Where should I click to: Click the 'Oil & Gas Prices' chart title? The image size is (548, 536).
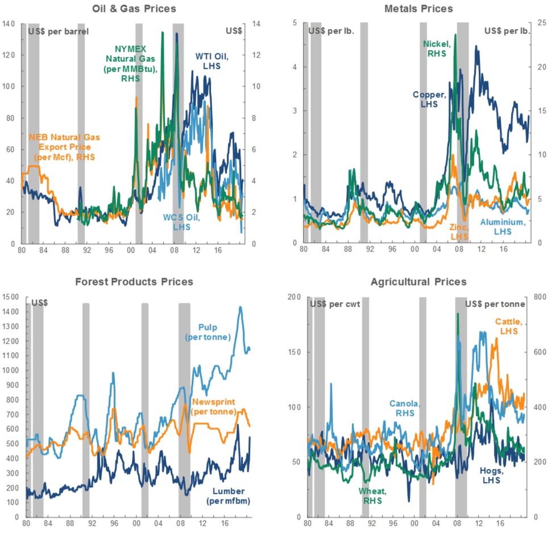coord(134,9)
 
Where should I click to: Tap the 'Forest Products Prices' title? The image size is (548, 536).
coord(134,282)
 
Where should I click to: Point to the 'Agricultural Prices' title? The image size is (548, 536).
coord(419,282)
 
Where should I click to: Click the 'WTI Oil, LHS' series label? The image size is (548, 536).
coord(213,61)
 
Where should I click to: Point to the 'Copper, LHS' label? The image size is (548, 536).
coord(430,100)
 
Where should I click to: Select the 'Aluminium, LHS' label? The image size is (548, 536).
coord(503,227)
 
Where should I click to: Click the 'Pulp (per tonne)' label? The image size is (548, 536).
coord(208,332)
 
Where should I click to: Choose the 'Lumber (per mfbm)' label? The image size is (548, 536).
coord(227,496)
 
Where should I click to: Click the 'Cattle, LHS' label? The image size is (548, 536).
coord(510,325)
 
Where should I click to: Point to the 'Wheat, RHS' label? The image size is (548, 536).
coord(373,496)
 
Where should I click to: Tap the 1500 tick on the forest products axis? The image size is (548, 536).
coord(10,297)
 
